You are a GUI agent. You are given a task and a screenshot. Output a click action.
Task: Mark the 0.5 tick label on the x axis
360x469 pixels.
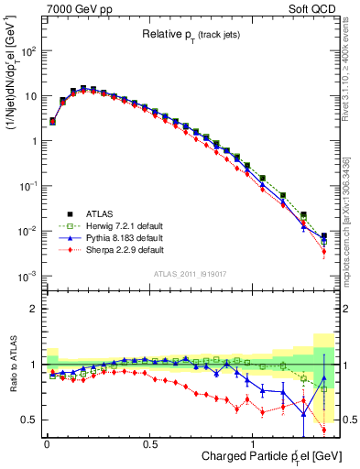pos(149,443)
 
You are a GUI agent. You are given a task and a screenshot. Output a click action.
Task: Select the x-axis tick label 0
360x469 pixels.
pos(47,443)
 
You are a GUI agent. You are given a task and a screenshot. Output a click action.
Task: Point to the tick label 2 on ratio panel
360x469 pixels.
pos(31,309)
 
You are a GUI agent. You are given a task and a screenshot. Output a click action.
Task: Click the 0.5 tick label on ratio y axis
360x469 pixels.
pos(27,420)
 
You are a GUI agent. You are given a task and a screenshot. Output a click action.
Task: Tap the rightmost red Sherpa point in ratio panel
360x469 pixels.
pos(323,429)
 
